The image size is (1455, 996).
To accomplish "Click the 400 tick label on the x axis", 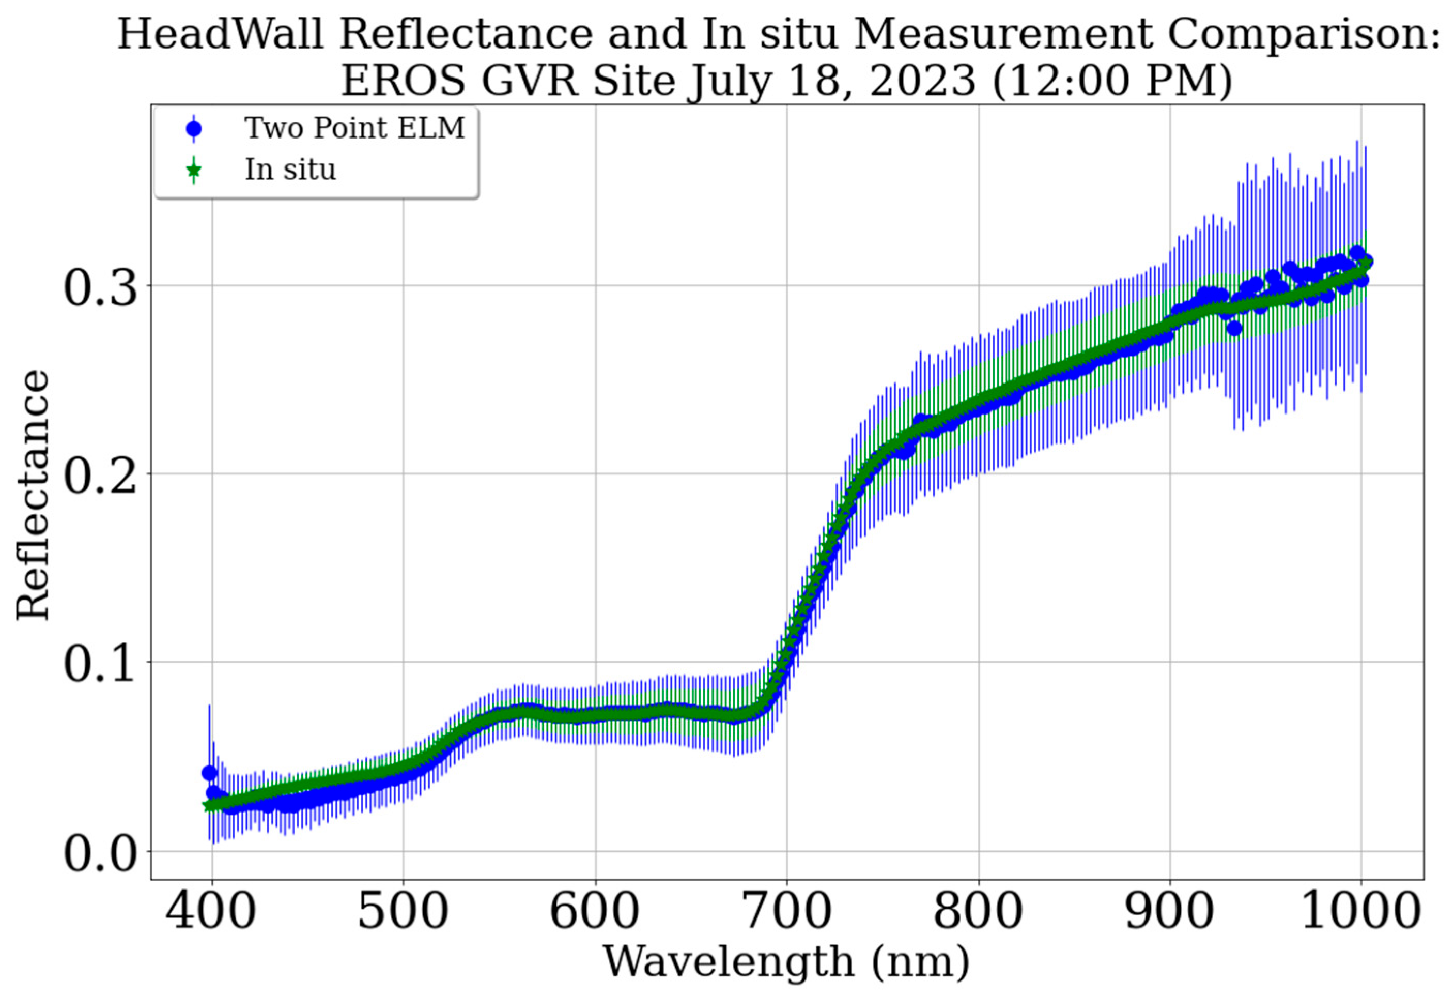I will point(211,913).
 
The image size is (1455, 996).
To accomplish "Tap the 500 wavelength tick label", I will point(403,913).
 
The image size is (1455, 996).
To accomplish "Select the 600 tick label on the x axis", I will point(595,913).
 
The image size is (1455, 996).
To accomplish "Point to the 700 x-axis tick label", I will point(786,913).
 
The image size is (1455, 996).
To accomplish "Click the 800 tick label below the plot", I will point(978,913).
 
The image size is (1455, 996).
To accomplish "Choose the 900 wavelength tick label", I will point(1169,913).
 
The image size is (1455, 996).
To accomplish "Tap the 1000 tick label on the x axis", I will point(1360,913).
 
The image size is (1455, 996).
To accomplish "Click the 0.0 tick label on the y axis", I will point(100,853).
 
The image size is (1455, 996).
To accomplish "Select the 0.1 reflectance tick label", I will point(100,664).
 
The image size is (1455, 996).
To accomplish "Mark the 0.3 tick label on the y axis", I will point(100,288).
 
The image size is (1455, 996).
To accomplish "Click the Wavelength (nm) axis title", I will point(786,961).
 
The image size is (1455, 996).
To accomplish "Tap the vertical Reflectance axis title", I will point(33,495).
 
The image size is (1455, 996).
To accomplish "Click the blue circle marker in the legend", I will point(194,129).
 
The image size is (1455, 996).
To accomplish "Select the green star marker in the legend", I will point(194,170).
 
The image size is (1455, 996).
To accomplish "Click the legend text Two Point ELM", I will point(354,128).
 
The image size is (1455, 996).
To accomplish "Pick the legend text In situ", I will point(290,170).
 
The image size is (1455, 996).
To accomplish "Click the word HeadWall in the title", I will point(221,35).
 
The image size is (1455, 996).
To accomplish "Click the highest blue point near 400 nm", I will point(209,772).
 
